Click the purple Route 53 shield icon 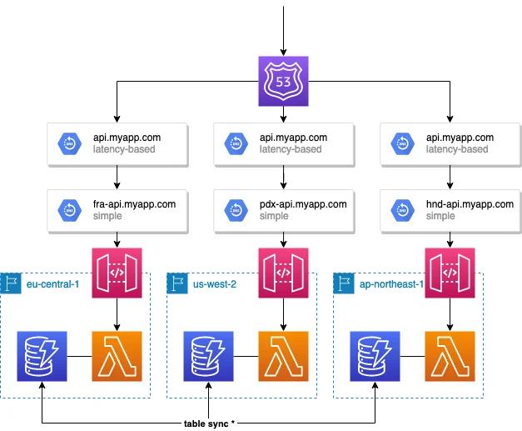(x=284, y=81)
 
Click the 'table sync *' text (x=209, y=423)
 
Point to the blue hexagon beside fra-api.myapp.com (x=66, y=209)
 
